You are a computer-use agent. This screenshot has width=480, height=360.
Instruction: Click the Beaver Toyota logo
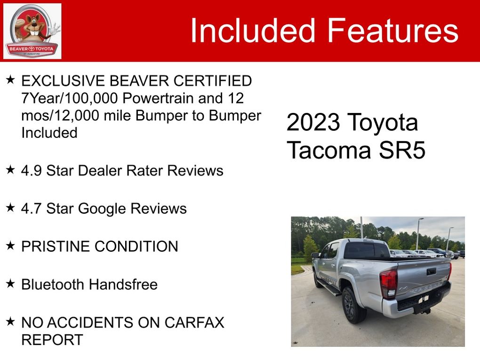[x=32, y=31]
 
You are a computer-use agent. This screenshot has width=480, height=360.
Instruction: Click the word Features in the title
[x=393, y=30]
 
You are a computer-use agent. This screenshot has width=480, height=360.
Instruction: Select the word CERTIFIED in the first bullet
[x=213, y=81]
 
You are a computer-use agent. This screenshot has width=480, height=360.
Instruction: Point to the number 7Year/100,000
[x=70, y=98]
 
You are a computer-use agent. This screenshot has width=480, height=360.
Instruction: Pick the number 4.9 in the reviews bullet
[x=31, y=170]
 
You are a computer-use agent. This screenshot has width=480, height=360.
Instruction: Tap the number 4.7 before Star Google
[x=31, y=208]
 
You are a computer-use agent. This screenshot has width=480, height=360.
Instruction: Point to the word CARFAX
[x=194, y=322]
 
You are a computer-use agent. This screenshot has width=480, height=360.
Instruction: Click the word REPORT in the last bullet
[x=52, y=339]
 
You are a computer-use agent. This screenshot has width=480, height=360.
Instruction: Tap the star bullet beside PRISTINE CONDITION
[x=10, y=245]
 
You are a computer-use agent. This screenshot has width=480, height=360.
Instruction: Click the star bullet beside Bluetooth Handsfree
[x=10, y=283]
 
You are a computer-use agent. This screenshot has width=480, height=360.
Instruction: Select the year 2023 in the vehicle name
[x=313, y=122]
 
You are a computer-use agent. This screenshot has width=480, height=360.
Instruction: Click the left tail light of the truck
[x=388, y=283]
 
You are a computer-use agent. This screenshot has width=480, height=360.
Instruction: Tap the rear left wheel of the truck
[x=353, y=305]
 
